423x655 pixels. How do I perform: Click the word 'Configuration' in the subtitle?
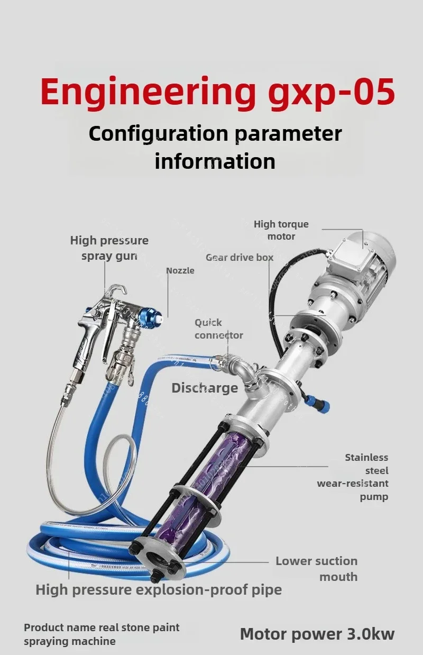158,134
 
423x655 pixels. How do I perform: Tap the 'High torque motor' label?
281,230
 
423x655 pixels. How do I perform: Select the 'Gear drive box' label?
240,258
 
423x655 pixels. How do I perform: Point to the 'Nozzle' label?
180,270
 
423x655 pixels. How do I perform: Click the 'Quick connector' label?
219,329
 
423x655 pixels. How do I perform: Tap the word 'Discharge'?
205,388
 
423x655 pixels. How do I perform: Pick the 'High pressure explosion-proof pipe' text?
159,590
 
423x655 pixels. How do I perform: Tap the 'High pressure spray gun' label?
109,248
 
